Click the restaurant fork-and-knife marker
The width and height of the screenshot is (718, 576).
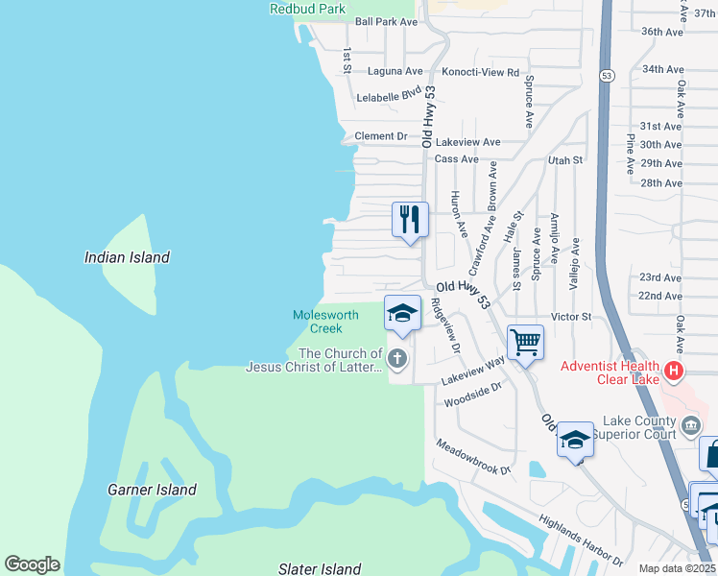[x=410, y=219]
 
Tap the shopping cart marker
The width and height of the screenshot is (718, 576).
[x=525, y=343]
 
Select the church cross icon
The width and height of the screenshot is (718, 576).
[x=398, y=360]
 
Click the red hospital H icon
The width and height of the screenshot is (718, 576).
[x=675, y=370]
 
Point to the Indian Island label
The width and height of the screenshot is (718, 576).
[x=127, y=257]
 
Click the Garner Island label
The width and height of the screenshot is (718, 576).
[x=152, y=490]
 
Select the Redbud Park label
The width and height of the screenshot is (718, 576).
[x=306, y=9]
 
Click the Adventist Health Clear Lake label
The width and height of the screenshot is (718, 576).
[x=610, y=372]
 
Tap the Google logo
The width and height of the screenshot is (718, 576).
[x=32, y=564]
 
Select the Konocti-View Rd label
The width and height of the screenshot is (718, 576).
[x=480, y=72]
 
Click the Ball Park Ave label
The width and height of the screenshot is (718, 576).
[x=386, y=21]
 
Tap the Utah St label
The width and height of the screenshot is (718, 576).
[x=565, y=159]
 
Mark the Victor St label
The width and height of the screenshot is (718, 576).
[x=568, y=316]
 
